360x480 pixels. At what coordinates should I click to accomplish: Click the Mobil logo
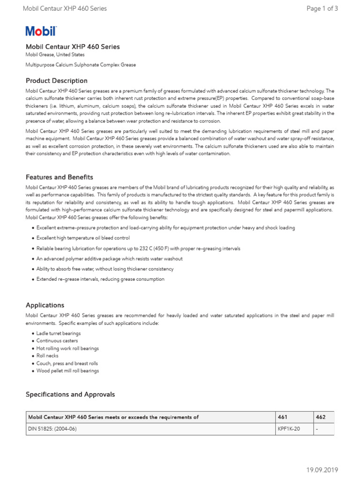click(41, 31)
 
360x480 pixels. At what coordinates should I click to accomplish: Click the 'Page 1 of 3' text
click(322, 8)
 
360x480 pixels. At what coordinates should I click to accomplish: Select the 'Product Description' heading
click(56, 81)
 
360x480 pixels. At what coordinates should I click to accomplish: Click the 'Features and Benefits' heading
click(59, 177)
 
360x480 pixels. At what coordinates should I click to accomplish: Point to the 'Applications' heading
click(45, 305)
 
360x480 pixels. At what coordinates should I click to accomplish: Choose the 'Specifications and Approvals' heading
click(70, 395)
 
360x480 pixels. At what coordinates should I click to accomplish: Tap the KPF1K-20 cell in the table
click(288, 429)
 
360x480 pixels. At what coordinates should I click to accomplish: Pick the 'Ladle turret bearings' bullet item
click(59, 333)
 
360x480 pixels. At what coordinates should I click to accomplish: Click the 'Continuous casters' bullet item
click(57, 341)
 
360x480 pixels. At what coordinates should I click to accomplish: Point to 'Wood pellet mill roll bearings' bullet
click(67, 371)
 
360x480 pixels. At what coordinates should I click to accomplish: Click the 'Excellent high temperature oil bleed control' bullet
click(83, 238)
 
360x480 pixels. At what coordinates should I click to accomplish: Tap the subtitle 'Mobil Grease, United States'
click(55, 55)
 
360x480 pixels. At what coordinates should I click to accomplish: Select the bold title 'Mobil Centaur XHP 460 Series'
click(73, 46)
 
